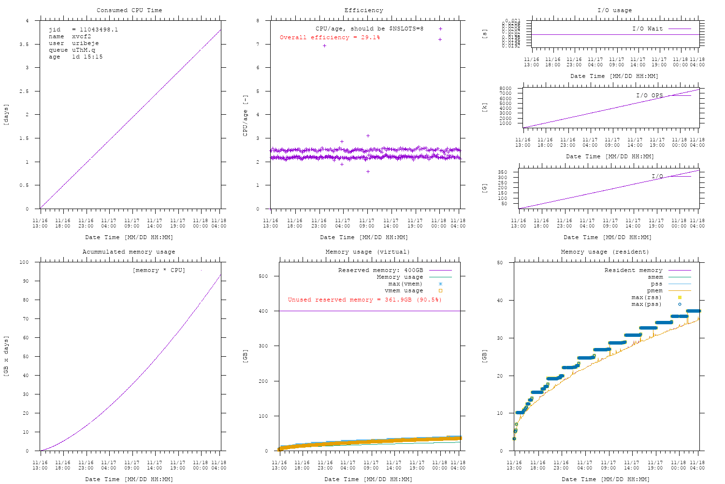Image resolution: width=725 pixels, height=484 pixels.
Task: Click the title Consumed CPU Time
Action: [129, 10]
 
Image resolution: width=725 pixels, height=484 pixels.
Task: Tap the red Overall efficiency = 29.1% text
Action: [330, 37]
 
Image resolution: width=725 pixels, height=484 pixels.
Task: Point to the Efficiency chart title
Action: [363, 10]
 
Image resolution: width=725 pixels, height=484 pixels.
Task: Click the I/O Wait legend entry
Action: [648, 29]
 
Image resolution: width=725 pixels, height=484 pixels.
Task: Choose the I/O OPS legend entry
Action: [650, 95]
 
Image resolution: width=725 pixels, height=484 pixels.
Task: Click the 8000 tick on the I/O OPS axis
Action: [505, 89]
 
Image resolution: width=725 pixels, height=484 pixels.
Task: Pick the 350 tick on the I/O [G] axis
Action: [503, 172]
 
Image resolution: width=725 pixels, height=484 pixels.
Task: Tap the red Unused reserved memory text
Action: [365, 300]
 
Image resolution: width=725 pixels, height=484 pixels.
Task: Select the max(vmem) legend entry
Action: [405, 284]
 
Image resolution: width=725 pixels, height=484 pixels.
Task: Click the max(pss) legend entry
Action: [647, 304]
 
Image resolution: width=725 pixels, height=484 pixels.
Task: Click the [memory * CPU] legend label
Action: [159, 270]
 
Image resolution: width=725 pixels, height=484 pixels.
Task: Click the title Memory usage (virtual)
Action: [367, 252]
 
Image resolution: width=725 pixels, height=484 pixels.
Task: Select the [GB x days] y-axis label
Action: [6, 356]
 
